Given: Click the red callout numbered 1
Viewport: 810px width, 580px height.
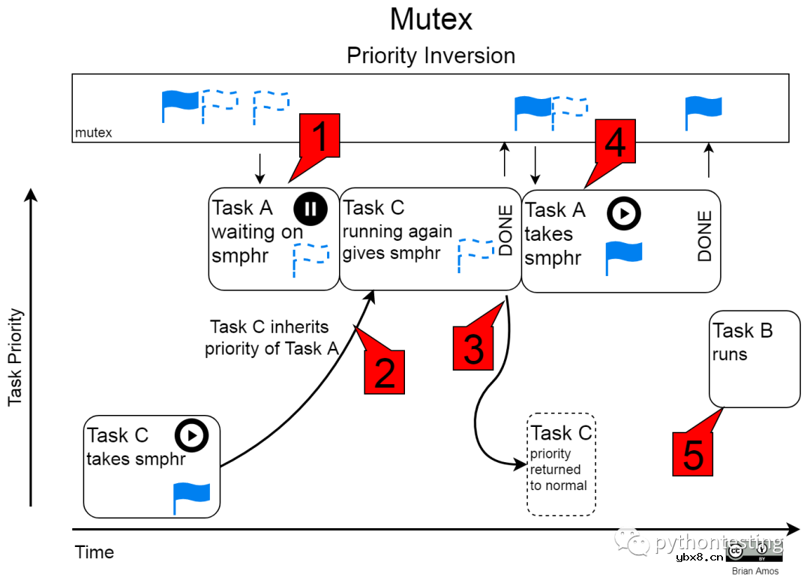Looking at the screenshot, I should click(x=319, y=137).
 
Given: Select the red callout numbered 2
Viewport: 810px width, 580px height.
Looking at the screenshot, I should click(x=384, y=371).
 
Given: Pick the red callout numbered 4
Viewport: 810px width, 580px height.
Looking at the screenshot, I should click(x=615, y=142).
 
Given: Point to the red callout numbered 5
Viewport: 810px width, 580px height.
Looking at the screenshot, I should click(x=693, y=453).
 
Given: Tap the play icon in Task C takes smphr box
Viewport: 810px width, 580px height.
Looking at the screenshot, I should click(x=191, y=435).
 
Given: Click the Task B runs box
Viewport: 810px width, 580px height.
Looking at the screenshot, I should click(x=754, y=359).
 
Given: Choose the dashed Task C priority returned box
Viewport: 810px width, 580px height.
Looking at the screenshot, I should click(x=561, y=464).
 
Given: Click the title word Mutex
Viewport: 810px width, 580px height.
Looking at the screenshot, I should click(x=431, y=20).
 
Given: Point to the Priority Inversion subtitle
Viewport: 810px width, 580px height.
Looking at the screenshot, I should click(x=431, y=56).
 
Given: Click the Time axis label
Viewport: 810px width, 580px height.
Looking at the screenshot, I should click(x=94, y=552).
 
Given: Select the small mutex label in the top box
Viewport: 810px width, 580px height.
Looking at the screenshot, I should click(x=94, y=134).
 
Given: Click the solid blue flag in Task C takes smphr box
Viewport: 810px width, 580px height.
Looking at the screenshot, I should click(x=191, y=498).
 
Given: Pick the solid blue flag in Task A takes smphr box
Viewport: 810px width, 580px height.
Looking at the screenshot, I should click(x=623, y=257).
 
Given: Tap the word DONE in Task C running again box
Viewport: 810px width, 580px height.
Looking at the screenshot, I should click(x=506, y=231).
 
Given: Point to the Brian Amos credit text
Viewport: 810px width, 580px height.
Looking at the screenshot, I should click(x=754, y=571).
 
